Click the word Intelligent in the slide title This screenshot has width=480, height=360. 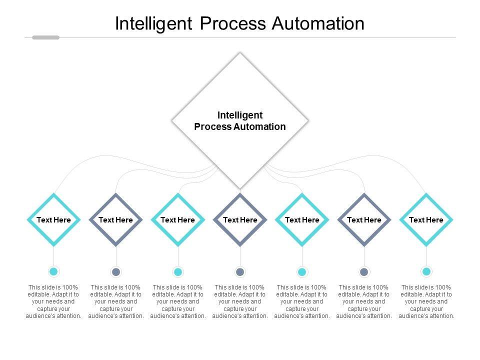point(153,23)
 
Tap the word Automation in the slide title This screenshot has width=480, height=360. point(318,23)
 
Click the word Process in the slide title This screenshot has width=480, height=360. point(233,23)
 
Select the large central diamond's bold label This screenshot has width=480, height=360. point(240,121)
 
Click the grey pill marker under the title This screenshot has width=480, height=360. point(45,37)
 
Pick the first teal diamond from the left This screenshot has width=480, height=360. point(54,220)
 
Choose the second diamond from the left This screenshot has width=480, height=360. point(115,220)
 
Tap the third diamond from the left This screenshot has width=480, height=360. point(178,220)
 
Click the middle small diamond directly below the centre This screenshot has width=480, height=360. point(240,220)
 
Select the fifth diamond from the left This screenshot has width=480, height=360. point(302,220)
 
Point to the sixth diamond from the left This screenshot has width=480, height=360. point(364,220)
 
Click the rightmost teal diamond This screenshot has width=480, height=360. point(426,220)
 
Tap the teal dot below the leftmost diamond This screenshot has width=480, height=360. point(53,271)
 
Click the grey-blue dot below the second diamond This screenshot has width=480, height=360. point(116,272)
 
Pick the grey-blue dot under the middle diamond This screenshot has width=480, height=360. point(240,272)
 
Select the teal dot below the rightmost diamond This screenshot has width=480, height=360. point(426,271)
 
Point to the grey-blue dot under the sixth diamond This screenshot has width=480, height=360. point(364,272)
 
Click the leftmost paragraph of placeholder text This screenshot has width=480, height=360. point(53,301)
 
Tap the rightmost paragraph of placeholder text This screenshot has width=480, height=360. point(426,301)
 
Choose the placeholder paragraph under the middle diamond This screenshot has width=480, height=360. point(240,301)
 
